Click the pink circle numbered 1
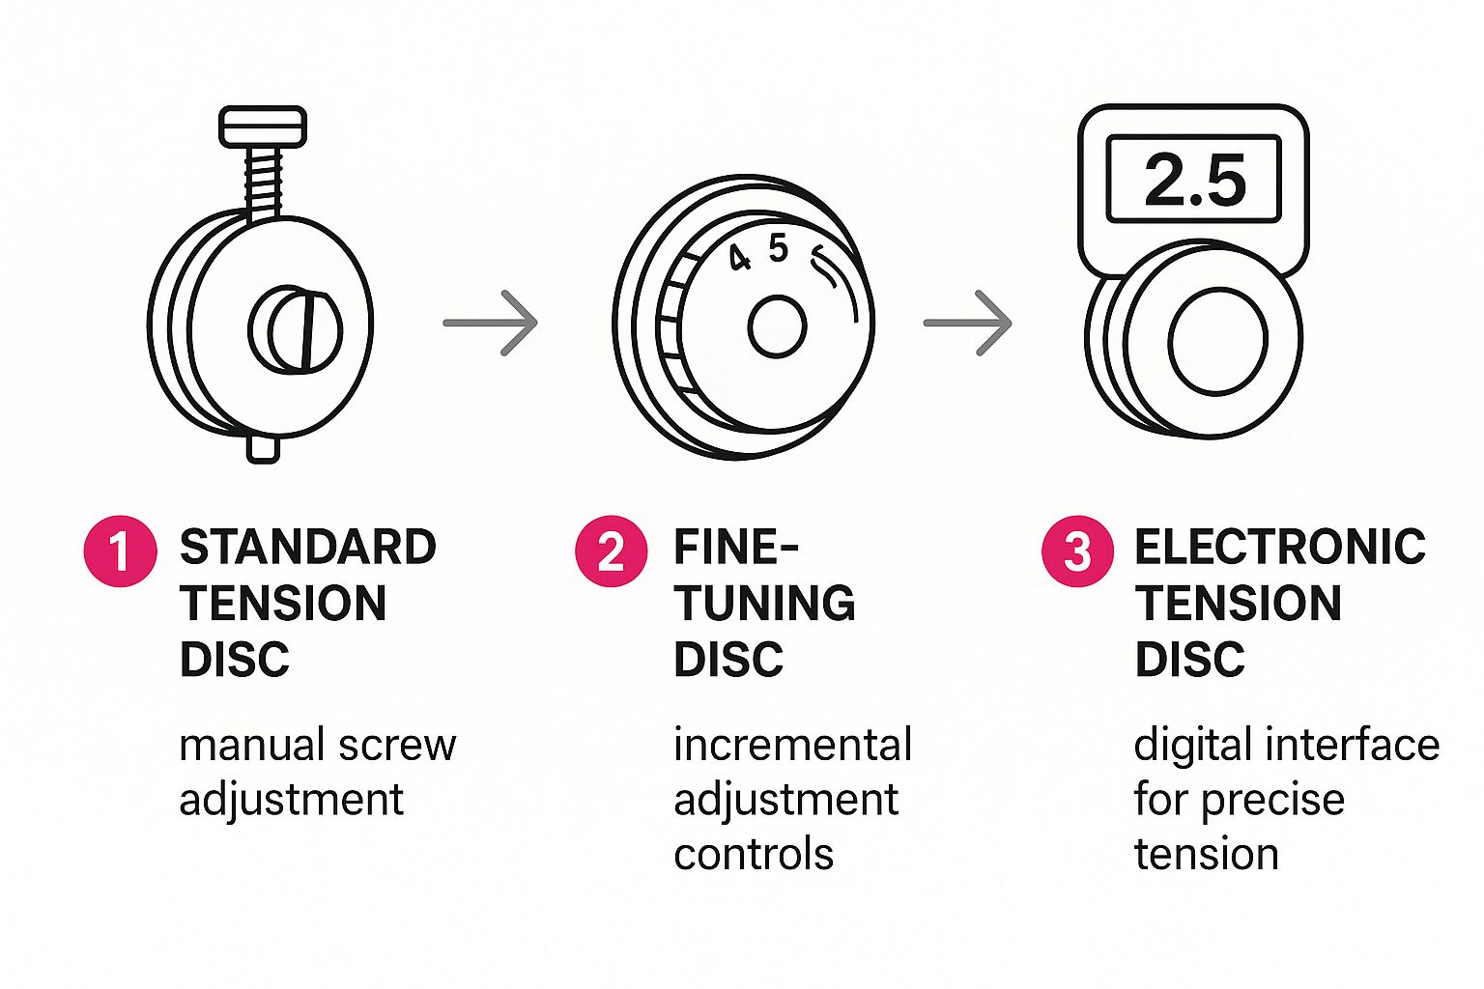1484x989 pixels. (x=121, y=551)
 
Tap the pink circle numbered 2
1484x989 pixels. (x=611, y=551)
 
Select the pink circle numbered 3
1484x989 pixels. (x=1078, y=551)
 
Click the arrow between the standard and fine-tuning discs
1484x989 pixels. (x=490, y=323)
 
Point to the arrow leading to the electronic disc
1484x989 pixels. (x=968, y=323)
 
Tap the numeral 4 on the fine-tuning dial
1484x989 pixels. (x=739, y=257)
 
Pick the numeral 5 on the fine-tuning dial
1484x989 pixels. (x=779, y=248)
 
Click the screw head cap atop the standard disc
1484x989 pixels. (x=263, y=127)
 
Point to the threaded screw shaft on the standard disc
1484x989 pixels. (x=263, y=184)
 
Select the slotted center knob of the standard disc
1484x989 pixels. (x=296, y=329)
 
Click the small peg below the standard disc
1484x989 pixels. (x=263, y=449)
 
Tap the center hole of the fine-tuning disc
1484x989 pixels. (x=777, y=326)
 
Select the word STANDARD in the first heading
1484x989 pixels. (x=308, y=548)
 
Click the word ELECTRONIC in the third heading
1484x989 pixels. (x=1280, y=548)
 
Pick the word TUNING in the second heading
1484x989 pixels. (x=764, y=603)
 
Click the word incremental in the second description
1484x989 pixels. (x=793, y=744)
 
